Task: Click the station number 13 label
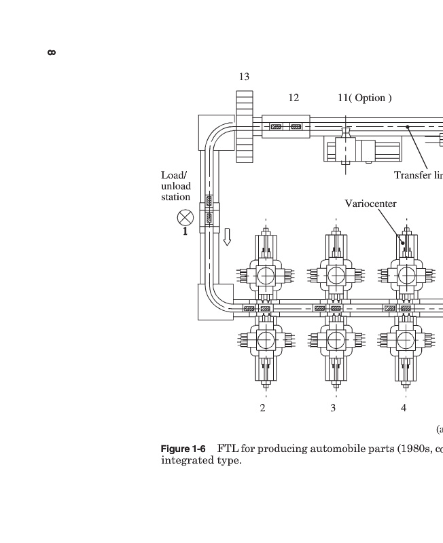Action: (244, 77)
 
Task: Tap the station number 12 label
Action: (294, 98)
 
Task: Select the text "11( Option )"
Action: (365, 98)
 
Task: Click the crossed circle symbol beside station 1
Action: (185, 218)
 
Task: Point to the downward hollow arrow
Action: (227, 237)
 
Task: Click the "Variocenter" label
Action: (370, 204)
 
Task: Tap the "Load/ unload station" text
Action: (176, 186)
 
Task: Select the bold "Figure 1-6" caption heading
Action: (183, 449)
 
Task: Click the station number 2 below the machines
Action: (263, 408)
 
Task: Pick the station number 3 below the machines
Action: (333, 408)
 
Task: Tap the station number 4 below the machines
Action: (404, 408)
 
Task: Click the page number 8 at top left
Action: (52, 53)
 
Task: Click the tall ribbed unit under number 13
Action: (245, 126)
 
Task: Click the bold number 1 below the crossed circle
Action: (185, 231)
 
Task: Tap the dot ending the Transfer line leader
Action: (408, 127)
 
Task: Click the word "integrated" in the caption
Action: (181, 461)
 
